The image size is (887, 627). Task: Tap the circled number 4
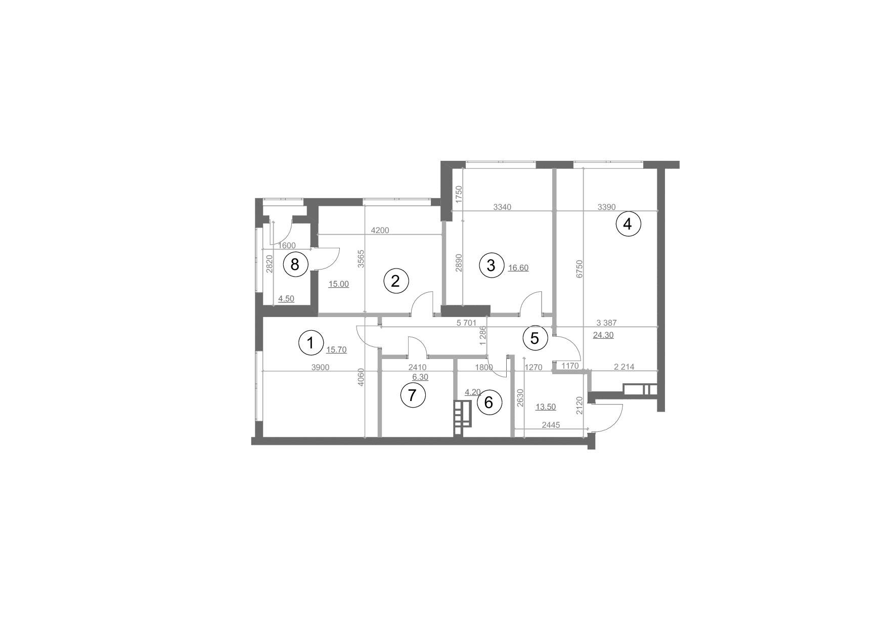628,223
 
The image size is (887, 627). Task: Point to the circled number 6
489,403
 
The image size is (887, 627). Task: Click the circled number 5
535,338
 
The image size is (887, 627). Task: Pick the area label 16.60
518,268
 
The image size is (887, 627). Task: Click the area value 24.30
603,335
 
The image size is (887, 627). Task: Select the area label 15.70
336,349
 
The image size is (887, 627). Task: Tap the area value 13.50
546,407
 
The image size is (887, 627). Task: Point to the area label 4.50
286,299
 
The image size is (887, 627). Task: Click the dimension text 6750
580,268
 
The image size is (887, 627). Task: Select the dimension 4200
380,231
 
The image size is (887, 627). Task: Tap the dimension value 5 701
466,323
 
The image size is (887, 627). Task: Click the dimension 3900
320,368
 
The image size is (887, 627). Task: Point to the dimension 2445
551,425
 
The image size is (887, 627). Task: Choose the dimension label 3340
503,207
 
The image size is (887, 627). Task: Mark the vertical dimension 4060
361,377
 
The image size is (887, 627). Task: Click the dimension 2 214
624,367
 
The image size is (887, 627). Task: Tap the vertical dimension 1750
459,195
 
